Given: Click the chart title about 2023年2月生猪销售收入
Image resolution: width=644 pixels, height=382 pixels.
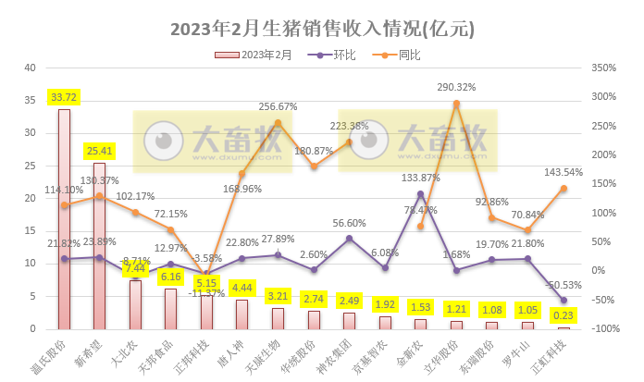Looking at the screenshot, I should coord(322,29).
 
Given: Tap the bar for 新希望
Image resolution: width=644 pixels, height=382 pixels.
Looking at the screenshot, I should coord(100,246).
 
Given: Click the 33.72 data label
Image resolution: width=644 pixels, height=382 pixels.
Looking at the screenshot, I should coord(64,97).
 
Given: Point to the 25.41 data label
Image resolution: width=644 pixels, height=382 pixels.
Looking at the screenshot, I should coord(100,151).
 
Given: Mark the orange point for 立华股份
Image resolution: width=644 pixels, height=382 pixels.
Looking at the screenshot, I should coord(456,104).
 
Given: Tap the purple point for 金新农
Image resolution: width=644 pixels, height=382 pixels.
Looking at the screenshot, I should coord(421,194).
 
